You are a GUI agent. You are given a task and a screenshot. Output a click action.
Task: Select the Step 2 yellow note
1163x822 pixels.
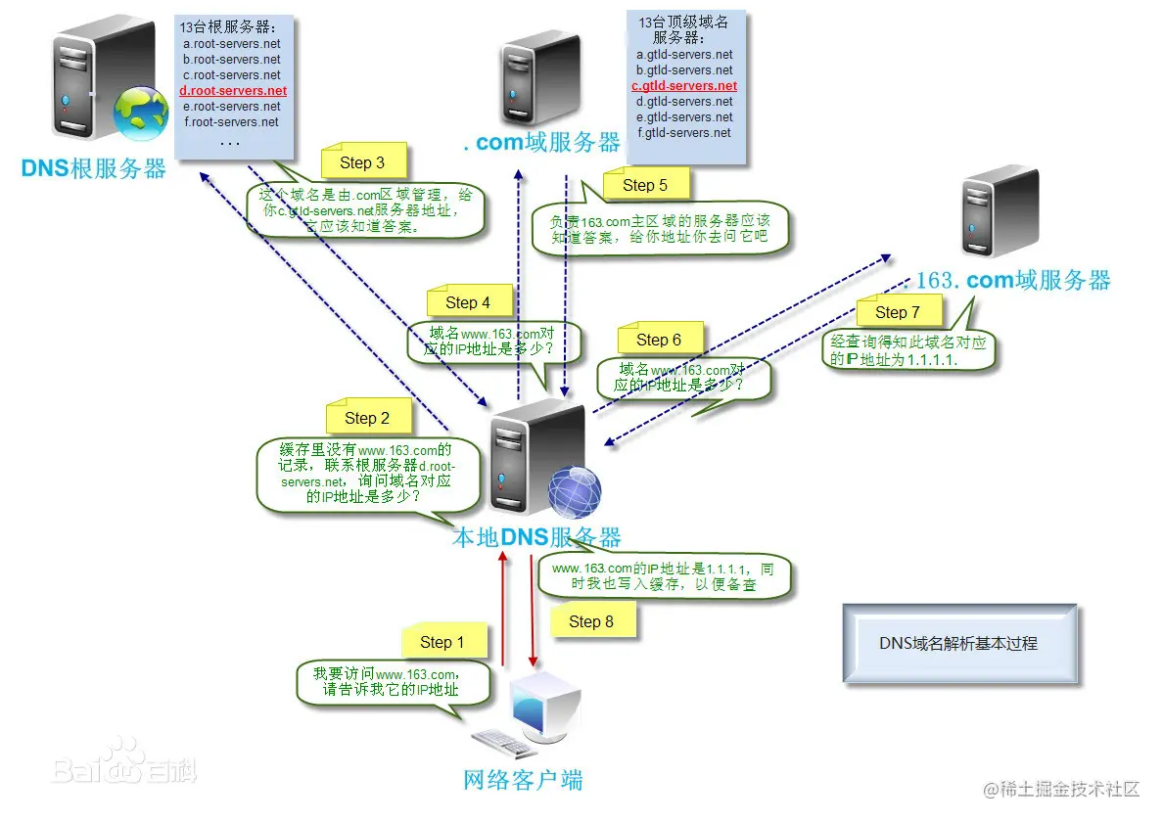click(x=367, y=418)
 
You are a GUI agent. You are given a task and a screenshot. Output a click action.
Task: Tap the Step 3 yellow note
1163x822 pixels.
click(x=362, y=162)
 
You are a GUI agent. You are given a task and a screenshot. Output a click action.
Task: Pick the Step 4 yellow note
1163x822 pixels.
click(x=468, y=302)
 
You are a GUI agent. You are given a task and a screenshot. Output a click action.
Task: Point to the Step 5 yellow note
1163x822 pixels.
click(x=645, y=185)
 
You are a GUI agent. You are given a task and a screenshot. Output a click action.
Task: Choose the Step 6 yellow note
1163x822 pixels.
click(x=659, y=340)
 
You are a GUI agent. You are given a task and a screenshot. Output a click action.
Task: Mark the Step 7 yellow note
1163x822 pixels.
click(x=898, y=312)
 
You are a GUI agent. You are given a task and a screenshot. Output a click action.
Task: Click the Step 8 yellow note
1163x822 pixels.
click(x=591, y=621)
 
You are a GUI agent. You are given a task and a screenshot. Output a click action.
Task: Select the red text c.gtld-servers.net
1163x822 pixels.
click(x=684, y=86)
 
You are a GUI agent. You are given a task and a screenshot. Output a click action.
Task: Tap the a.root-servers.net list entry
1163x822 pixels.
click(x=231, y=44)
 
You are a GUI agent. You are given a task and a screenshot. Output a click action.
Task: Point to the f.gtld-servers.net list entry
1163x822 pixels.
click(x=684, y=133)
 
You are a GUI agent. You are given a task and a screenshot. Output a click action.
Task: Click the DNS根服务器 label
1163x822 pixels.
click(x=94, y=168)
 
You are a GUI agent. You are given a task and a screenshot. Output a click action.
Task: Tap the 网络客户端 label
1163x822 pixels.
click(x=523, y=780)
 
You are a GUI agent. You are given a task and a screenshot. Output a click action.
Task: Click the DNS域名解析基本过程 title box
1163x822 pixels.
click(x=959, y=644)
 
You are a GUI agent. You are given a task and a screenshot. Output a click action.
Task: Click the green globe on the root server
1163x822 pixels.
click(x=141, y=114)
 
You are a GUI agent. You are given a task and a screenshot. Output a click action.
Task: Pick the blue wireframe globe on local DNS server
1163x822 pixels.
click(x=574, y=491)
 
